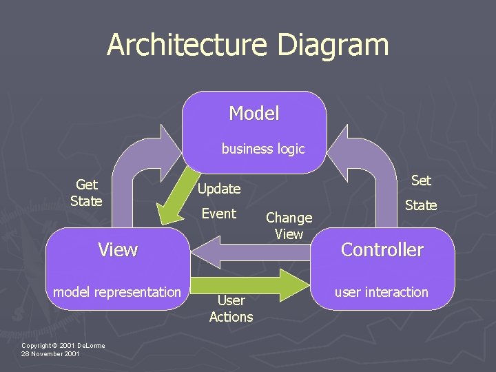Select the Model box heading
254,114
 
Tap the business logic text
262,149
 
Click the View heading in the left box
118,249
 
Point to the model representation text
117,292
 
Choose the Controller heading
382,249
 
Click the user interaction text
382,292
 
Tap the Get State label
86,193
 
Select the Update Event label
219,200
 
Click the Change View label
289,226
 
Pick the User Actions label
231,309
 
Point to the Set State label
421,192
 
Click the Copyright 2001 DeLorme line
63,345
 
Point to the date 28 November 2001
50,354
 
